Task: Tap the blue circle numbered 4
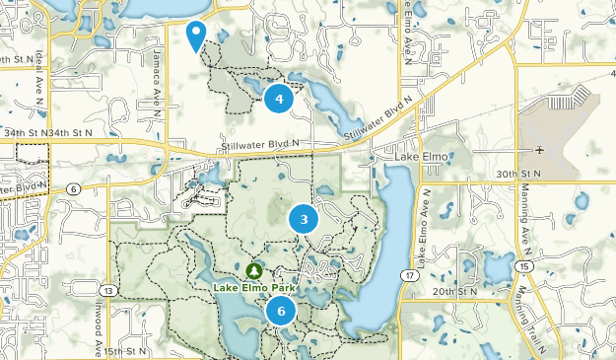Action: tap(279, 99)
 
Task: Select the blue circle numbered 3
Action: tap(304, 220)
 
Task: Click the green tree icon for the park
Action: tap(254, 269)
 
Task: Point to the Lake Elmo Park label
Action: tap(255, 287)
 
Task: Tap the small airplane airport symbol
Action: tap(539, 150)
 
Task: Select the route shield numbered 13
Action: tap(107, 290)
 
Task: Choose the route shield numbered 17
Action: tap(407, 273)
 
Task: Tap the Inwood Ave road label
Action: tap(99, 335)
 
